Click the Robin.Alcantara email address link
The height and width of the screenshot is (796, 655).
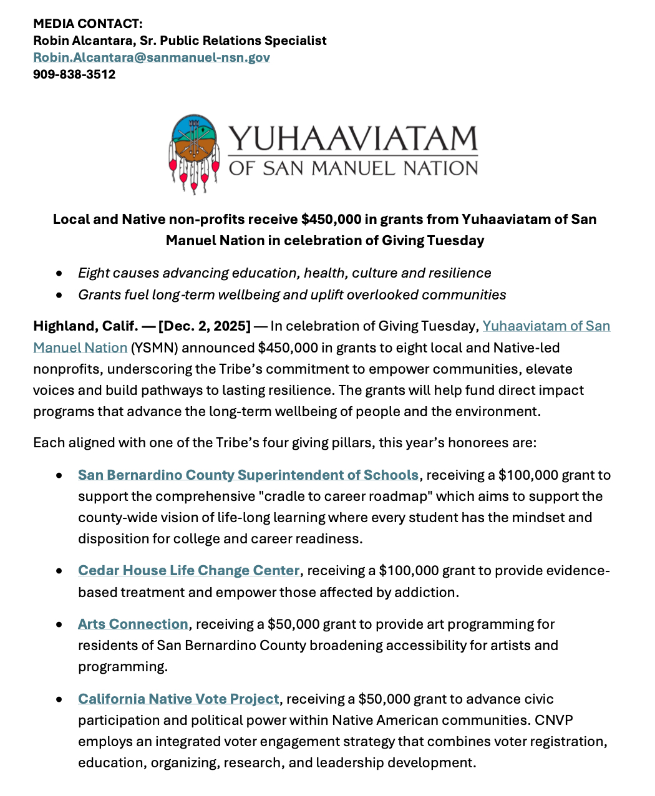tap(152, 57)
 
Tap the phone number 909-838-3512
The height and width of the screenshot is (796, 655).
tap(74, 74)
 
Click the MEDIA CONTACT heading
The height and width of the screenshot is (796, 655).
tap(88, 24)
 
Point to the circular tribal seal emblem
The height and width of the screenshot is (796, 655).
tap(194, 146)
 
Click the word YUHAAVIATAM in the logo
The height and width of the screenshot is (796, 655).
tap(353, 138)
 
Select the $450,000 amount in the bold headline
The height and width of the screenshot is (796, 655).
tap(331, 220)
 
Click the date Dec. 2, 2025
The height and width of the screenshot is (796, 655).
tap(205, 326)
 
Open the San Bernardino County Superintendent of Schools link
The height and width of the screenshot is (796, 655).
tap(248, 475)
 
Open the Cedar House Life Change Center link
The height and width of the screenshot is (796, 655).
tap(189, 571)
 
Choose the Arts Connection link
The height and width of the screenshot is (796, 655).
tap(133, 624)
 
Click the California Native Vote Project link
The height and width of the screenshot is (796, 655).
tap(178, 699)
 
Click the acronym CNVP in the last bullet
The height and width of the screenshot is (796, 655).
tap(554, 721)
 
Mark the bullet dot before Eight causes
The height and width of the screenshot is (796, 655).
tap(59, 273)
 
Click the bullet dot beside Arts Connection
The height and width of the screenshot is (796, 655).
tap(59, 624)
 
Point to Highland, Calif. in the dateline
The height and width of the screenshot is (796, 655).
tap(85, 326)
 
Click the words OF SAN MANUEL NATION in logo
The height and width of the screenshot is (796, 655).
tap(353, 168)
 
